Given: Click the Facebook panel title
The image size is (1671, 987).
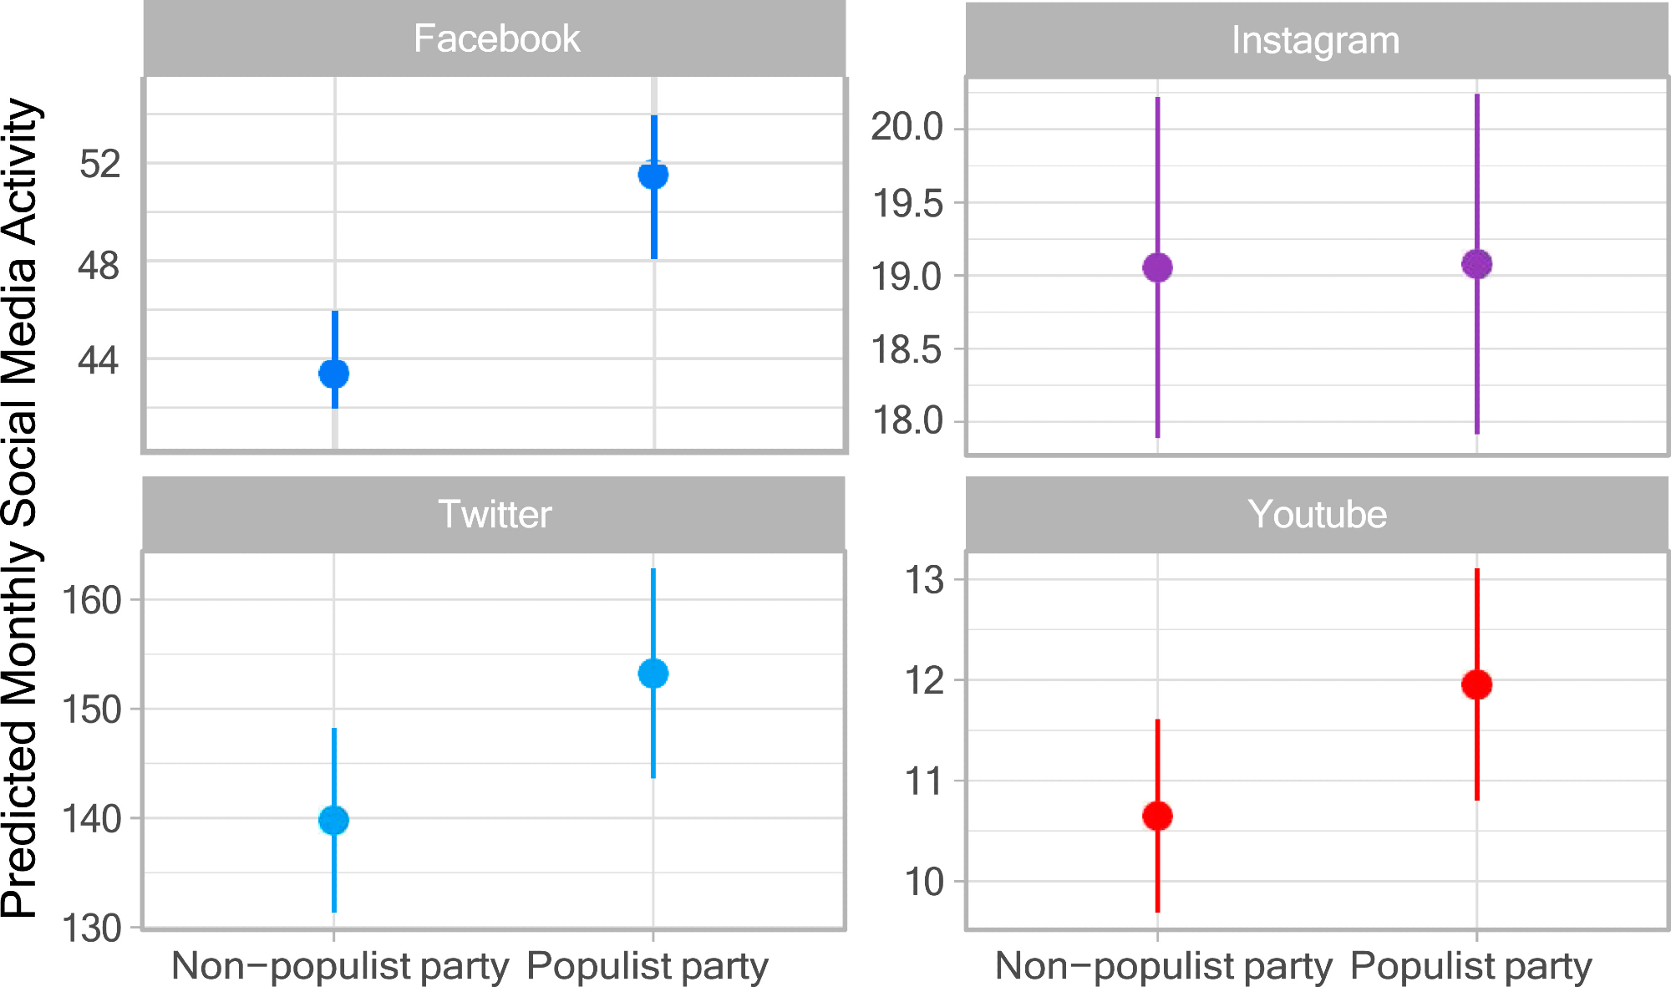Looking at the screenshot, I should tap(496, 39).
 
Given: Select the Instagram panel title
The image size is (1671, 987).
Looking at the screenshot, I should tap(1315, 41).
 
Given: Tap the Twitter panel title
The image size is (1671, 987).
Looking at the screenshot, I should tap(495, 514).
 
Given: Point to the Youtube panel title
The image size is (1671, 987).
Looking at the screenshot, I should tap(1317, 514).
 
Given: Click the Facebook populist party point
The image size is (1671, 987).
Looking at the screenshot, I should tap(653, 175).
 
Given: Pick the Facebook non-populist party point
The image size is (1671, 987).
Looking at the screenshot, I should tap(334, 374).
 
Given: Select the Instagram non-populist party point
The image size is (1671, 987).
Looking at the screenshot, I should tap(1157, 267).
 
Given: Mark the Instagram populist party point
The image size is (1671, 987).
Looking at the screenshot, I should tap(1476, 264).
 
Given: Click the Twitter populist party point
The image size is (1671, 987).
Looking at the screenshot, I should tap(653, 674).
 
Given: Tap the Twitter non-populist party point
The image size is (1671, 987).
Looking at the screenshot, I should tap(334, 821).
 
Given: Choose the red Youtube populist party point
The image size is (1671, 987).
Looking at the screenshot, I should tap(1476, 684).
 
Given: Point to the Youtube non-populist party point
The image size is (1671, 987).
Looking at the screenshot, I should tap(1157, 816).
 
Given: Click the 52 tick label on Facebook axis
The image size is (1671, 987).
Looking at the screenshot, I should tap(99, 164).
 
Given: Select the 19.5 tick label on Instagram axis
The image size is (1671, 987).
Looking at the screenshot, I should tap(907, 204).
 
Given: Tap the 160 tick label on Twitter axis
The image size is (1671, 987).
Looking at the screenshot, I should tap(91, 601).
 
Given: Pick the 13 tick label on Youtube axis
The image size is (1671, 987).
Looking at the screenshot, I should tap(924, 580).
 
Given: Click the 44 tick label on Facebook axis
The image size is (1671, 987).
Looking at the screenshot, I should tap(99, 360).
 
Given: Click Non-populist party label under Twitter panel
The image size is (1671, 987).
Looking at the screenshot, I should tap(340, 966).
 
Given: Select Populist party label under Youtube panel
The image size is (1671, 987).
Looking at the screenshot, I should tap(1471, 966).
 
